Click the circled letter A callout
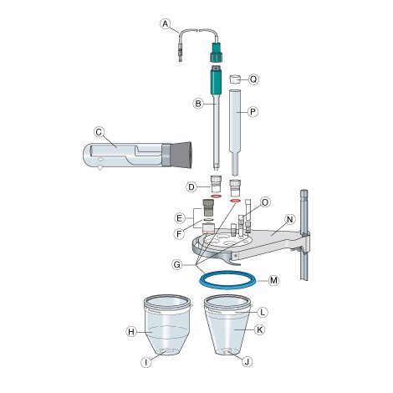pos(166,24)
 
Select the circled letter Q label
pos(253,79)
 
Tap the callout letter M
pos(273,280)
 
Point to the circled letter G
pos(177,264)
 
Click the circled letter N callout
pos(289,220)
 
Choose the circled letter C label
pos(99,132)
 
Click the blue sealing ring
pos(227,280)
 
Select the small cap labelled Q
pos(234,79)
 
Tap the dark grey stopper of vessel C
pos(181,155)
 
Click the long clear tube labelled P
pos(235,133)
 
